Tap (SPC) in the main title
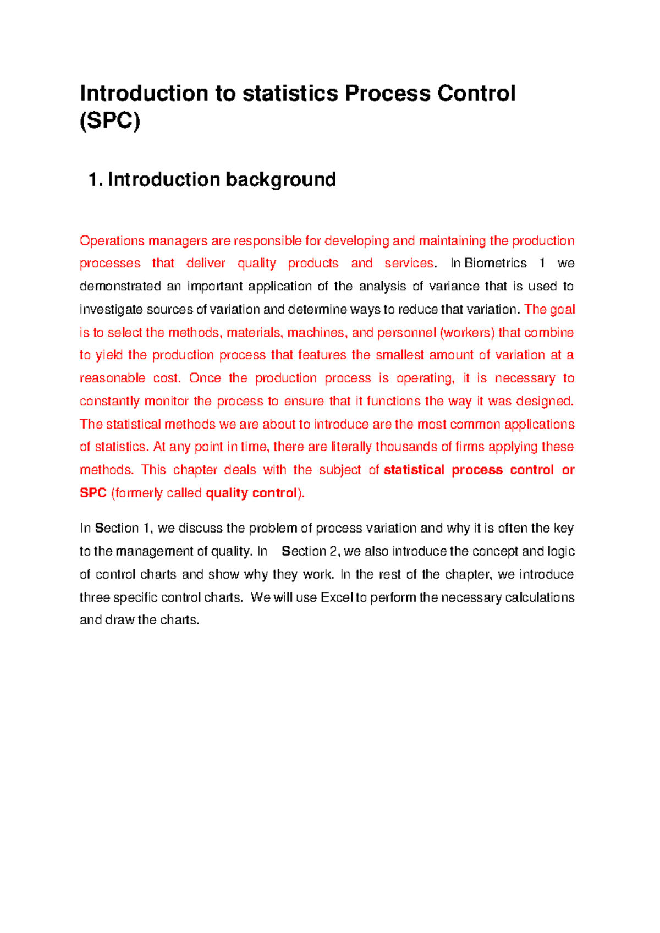[x=110, y=120]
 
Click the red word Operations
[x=112, y=241]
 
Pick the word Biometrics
[x=496, y=264]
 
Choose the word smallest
[x=399, y=355]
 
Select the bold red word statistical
[x=414, y=470]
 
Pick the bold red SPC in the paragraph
[x=93, y=493]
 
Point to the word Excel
[x=336, y=598]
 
